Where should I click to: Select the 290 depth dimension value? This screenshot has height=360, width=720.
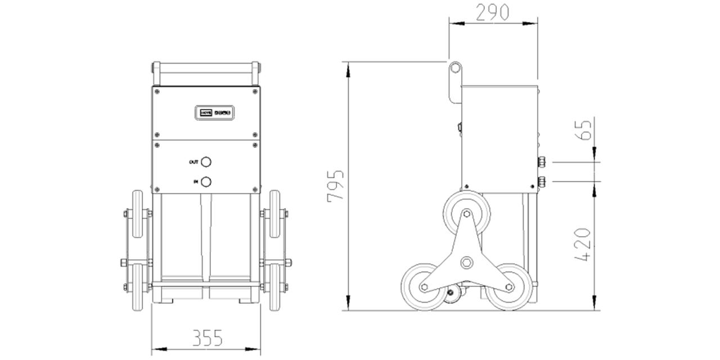click(493, 12)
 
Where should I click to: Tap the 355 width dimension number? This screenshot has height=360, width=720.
click(207, 338)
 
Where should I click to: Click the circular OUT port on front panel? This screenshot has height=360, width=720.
click(206, 162)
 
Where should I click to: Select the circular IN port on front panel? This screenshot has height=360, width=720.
click(206, 182)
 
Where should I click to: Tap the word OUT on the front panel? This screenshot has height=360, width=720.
click(193, 162)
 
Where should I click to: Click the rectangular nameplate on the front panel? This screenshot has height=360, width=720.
click(214, 112)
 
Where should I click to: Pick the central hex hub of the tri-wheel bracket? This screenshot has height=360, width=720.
click(466, 262)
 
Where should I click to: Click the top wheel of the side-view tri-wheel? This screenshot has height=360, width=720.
click(466, 214)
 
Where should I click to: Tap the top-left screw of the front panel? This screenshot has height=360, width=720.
click(157, 91)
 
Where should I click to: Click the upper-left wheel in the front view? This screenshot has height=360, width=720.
click(137, 215)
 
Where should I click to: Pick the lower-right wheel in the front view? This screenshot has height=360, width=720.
click(274, 287)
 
